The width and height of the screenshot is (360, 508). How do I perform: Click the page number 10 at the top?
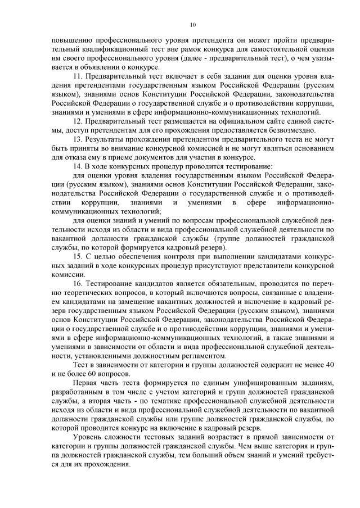tap(193, 24)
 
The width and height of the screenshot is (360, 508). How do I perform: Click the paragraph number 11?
tap(78, 75)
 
